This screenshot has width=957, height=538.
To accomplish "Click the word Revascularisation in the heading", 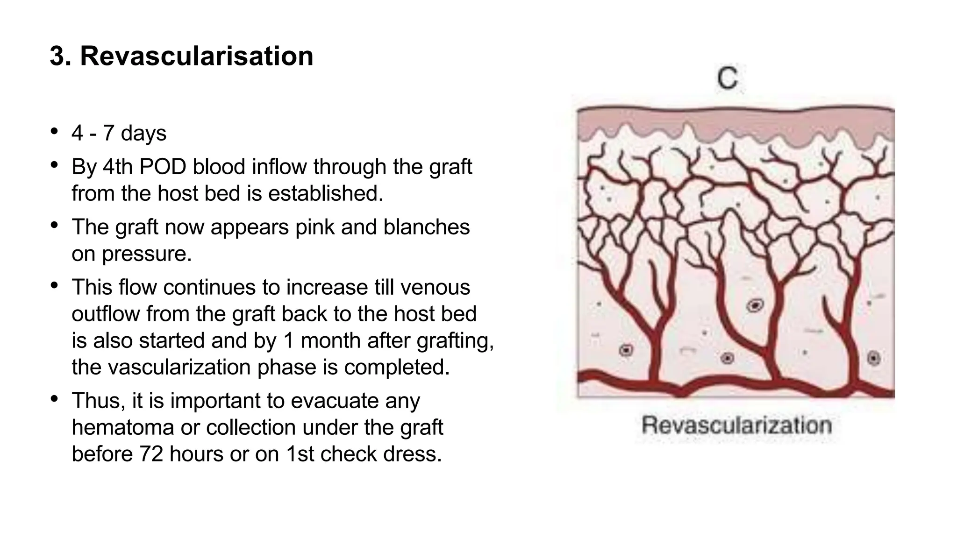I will pos(196,56).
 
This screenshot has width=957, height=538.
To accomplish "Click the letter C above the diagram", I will pos(728,78).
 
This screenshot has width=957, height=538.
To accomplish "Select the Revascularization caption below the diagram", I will pos(736,425).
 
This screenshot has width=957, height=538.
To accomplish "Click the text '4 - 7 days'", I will pos(119,133).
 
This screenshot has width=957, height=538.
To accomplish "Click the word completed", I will pos(397,367).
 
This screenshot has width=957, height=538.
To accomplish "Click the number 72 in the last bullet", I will pos(151,454).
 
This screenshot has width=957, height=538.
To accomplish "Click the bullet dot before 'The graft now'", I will pos(55,226).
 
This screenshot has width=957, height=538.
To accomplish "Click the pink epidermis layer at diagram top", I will pos(736,122).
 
